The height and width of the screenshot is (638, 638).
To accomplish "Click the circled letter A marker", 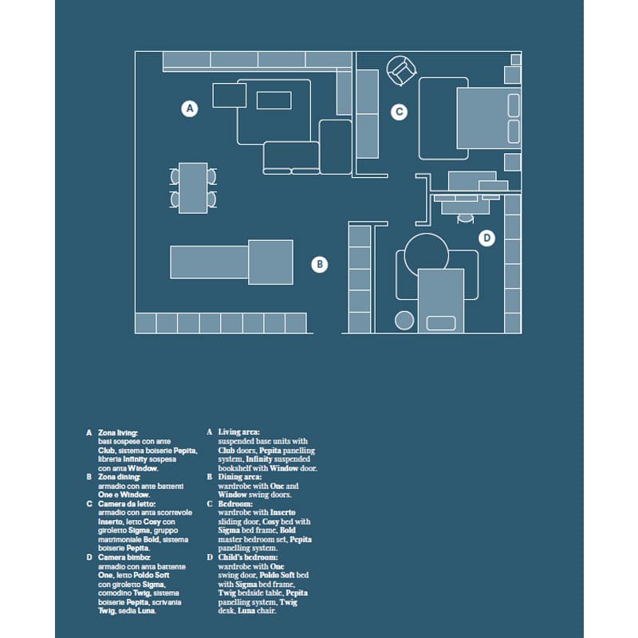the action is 190,108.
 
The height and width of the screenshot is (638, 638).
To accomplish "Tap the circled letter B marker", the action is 320,265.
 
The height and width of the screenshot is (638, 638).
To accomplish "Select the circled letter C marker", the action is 400,112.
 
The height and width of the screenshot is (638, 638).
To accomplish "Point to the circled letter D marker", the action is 486,238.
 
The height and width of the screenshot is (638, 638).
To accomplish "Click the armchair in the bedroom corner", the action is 401,71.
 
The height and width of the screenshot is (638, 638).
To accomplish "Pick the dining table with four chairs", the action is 193,188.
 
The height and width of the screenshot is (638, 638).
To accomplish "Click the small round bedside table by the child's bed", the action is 404,321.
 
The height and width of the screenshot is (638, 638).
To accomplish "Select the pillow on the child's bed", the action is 441,323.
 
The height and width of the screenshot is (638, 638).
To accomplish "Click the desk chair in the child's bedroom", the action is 466,218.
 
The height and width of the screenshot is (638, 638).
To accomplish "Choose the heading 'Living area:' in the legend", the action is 238,431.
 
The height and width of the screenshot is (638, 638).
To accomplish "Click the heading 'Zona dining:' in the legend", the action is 119,477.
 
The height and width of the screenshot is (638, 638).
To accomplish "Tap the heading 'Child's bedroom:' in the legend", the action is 248,557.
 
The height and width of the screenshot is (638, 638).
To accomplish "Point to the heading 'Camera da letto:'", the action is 127,504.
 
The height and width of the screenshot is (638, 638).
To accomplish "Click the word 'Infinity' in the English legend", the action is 258,459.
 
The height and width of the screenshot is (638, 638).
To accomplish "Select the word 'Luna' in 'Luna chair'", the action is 246,611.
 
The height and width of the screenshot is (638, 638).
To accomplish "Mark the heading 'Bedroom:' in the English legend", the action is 235,504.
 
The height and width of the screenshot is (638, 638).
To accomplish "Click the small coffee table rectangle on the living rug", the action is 274,100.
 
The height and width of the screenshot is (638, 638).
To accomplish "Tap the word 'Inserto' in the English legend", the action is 283,513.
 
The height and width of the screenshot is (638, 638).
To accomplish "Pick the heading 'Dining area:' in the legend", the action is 240,477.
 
